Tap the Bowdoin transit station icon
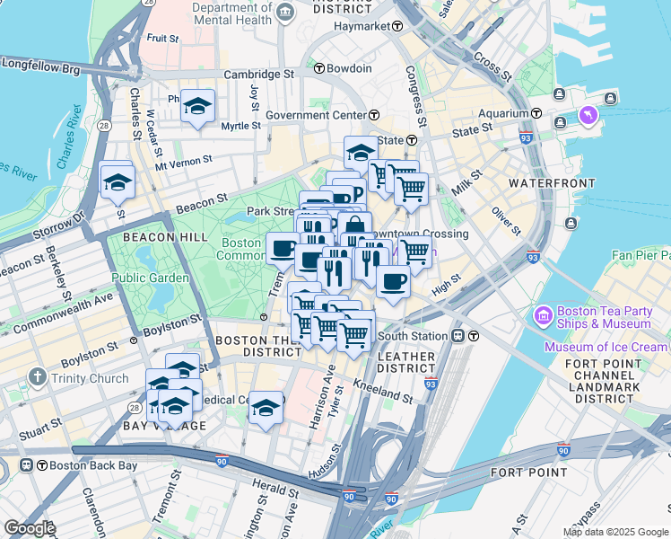[x=318, y=68]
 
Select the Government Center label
[x=316, y=115]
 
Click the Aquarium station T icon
[x=536, y=113]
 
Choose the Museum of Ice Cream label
[x=606, y=348]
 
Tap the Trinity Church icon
[x=37, y=378]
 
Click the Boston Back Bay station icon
[x=28, y=465]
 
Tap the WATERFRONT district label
[x=552, y=183]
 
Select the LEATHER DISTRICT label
[x=406, y=364]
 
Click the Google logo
[x=30, y=528]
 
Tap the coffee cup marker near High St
[x=392, y=281]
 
